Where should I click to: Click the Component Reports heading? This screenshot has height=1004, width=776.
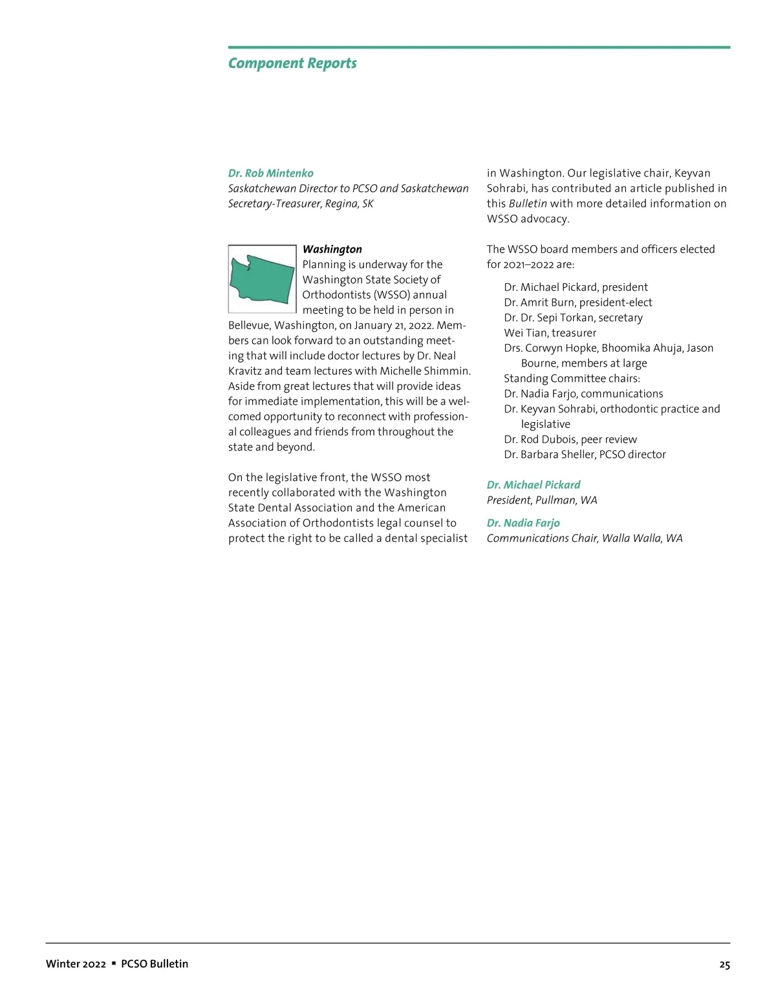[292, 63]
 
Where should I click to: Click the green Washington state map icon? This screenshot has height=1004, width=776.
[262, 279]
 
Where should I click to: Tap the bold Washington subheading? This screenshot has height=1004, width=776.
[332, 250]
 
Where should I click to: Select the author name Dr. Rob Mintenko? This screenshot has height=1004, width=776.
[270, 173]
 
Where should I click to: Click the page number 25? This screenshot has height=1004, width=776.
[724, 965]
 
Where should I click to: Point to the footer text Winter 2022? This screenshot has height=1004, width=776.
[76, 964]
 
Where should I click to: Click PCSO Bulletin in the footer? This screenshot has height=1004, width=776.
[155, 964]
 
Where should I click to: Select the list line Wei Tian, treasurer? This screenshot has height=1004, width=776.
[550, 333]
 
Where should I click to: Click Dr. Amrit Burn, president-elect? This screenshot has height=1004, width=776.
[577, 303]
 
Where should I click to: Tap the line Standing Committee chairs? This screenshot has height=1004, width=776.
[572, 379]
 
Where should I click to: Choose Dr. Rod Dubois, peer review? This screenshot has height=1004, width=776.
[570, 440]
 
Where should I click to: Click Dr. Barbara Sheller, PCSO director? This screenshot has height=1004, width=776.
[585, 454]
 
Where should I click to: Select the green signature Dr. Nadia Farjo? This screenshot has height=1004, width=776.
[523, 523]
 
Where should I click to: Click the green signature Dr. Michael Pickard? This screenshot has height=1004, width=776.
[533, 485]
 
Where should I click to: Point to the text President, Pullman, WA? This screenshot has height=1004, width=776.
[542, 500]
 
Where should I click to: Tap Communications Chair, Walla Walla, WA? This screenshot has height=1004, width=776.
[584, 539]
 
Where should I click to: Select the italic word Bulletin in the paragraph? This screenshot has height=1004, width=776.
[528, 204]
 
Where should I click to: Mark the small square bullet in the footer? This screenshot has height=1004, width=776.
[114, 963]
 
